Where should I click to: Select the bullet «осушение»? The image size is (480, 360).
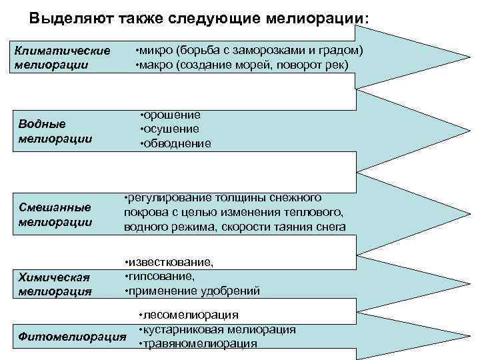[x=172, y=129]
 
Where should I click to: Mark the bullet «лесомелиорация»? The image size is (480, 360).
[x=191, y=315]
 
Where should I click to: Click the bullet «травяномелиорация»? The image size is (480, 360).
[x=199, y=343]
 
